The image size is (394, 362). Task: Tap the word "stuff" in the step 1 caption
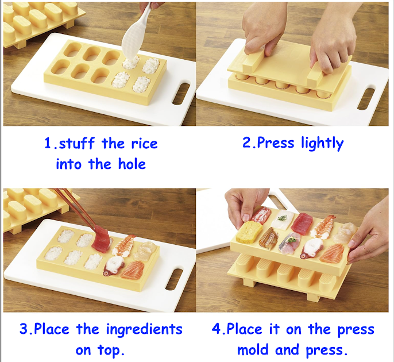click(x=77, y=143)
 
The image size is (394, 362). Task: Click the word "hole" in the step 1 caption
click(x=132, y=164)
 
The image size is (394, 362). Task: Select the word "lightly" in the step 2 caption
click(x=322, y=143)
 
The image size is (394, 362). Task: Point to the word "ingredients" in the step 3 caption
click(x=144, y=329)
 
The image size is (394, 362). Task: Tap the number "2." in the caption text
click(x=249, y=143)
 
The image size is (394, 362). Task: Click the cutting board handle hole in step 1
click(x=181, y=94)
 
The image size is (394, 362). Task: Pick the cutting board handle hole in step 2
click(x=366, y=99)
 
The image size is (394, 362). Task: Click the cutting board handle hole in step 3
click(x=174, y=279)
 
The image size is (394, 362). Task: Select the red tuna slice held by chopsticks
click(x=101, y=238)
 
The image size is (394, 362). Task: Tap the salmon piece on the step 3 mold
click(x=132, y=270)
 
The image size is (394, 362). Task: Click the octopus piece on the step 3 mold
click(x=114, y=265)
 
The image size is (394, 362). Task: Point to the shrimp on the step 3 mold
click(x=123, y=245)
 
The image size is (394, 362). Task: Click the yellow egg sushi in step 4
click(x=249, y=232)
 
